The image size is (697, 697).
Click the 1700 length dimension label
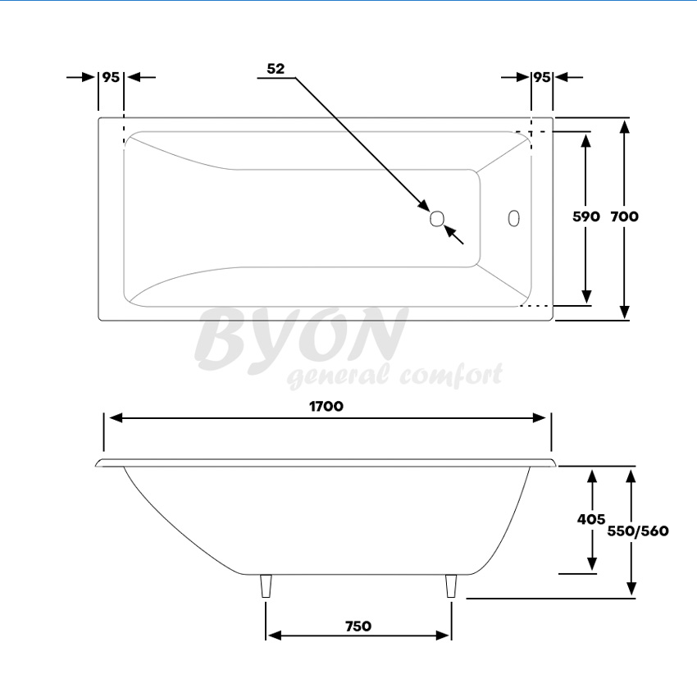pyautogui.click(x=326, y=406)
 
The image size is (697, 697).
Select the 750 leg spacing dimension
pyautogui.click(x=358, y=626)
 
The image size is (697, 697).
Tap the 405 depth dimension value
pyautogui.click(x=590, y=519)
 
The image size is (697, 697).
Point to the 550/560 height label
pyautogui.click(x=638, y=531)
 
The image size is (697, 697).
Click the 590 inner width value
pyautogui.click(x=586, y=216)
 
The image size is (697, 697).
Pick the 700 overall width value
pyautogui.click(x=625, y=216)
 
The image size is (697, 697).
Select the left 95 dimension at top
pyautogui.click(x=111, y=77)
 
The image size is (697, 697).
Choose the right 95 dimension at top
pyautogui.click(x=541, y=77)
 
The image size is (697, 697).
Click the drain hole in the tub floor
pyautogui.click(x=437, y=218)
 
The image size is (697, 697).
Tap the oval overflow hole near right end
pyautogui.click(x=514, y=218)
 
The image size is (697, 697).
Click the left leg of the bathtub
pyautogui.click(x=266, y=586)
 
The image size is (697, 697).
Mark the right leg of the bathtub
pyautogui.click(x=450, y=586)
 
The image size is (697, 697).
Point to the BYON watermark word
pyautogui.click(x=302, y=338)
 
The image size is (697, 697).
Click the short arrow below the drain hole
pyautogui.click(x=454, y=235)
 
